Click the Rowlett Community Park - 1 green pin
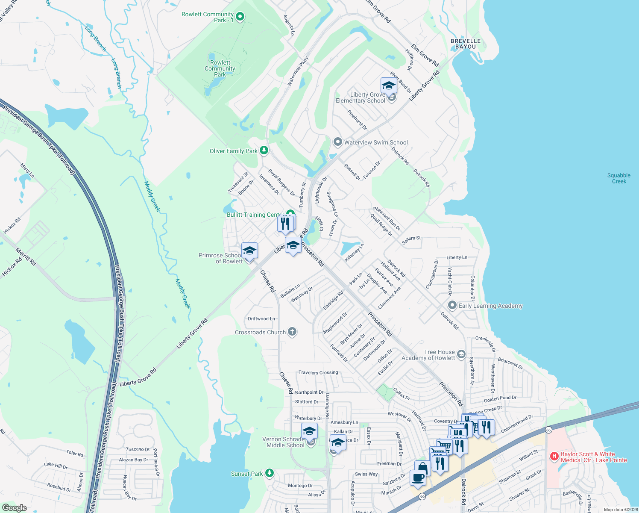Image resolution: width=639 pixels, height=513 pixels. coord(240,17)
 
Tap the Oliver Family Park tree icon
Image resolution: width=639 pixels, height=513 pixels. coord(264,150)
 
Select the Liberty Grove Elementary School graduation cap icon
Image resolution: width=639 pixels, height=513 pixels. coord(388,85)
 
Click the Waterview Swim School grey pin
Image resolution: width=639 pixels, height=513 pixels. coord(337,142)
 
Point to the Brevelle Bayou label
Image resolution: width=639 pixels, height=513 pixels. coord(466,44)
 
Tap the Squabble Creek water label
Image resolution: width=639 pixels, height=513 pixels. coord(619,178)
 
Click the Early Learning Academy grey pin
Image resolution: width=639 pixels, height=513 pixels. coord(452,305)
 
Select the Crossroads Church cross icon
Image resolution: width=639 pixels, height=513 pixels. coord(292,332)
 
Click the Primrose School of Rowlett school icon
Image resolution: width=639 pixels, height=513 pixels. coord(249,251)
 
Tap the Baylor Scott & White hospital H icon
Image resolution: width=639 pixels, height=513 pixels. coord(554,457)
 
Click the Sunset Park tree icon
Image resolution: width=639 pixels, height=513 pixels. coord(269,473)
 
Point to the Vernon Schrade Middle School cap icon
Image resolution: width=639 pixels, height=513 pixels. coord(309,431)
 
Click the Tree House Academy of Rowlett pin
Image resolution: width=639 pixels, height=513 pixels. coord(461,354)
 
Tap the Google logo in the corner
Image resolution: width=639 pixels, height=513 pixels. coord(15,508)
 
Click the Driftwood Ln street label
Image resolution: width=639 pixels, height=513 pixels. coord(261,318)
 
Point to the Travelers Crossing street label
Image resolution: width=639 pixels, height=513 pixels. coord(318,372)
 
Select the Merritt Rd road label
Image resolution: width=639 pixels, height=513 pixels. coord(26,256)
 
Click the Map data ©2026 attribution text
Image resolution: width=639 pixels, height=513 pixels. coord(621,510)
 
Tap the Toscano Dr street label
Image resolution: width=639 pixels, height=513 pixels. coord(138,449)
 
